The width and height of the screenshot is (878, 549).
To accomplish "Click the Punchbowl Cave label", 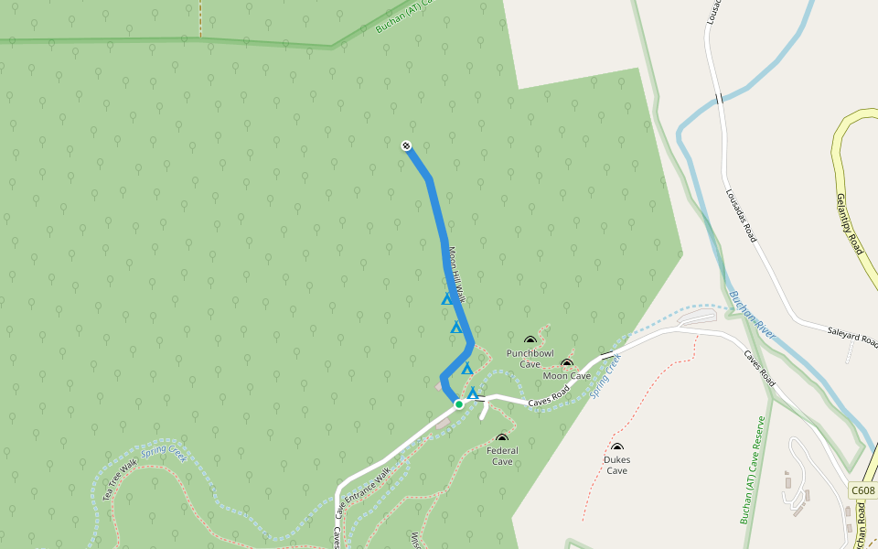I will pyautogui.click(x=530, y=358).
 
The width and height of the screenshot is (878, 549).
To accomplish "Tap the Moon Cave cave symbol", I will pyautogui.click(x=567, y=363).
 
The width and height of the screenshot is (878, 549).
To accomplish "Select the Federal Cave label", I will pyautogui.click(x=502, y=456).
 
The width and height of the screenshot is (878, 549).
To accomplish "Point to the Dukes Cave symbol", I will pyautogui.click(x=617, y=447).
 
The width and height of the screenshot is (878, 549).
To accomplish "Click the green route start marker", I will pyautogui.click(x=459, y=404).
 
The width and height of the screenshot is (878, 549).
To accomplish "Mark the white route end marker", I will pyautogui.click(x=406, y=145).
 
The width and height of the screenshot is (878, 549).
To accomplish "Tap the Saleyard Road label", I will pyautogui.click(x=851, y=338).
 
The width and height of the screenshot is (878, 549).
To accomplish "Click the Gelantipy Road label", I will pyautogui.click(x=850, y=223).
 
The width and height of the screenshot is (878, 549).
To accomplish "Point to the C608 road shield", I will pyautogui.click(x=862, y=491).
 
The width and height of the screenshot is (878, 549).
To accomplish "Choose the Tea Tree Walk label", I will pyautogui.click(x=120, y=470).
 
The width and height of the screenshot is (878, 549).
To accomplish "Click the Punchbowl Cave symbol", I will pyautogui.click(x=530, y=341).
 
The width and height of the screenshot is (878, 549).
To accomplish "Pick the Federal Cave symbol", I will pyautogui.click(x=501, y=438).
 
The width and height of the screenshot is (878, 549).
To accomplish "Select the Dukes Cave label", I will pyautogui.click(x=617, y=465).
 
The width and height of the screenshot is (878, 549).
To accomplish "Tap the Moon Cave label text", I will pyautogui.click(x=567, y=376).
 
